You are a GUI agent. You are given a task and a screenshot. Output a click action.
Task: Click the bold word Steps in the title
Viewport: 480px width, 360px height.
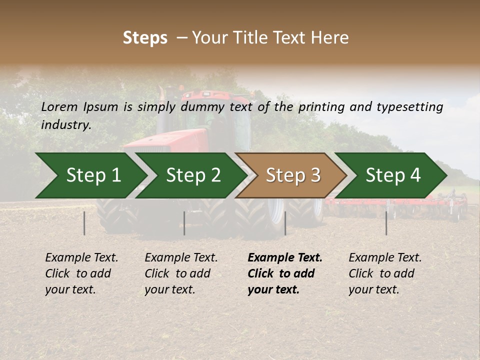click(x=145, y=38)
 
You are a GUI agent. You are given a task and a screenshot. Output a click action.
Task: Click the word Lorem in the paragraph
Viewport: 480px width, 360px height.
click(x=59, y=106)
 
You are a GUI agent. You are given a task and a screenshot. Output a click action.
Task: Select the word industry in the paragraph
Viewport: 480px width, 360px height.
click(x=65, y=124)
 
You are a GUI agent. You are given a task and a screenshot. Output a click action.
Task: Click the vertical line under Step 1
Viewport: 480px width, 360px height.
click(x=84, y=223)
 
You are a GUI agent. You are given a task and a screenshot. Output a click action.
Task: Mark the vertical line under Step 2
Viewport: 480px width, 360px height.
click(x=184, y=223)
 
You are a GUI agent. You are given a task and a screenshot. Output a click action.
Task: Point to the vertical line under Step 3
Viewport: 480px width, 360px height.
click(x=285, y=223)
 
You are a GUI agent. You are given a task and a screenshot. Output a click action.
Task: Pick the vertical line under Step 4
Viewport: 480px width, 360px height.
click(x=386, y=223)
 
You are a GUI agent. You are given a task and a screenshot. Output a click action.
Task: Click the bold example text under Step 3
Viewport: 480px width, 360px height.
click(x=284, y=273)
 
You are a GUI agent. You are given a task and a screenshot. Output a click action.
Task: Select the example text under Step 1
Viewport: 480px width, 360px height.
click(x=81, y=273)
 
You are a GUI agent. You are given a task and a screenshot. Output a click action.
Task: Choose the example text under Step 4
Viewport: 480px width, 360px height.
click(x=384, y=273)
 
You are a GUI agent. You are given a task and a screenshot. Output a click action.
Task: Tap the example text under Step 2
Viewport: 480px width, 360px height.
click(x=181, y=273)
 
